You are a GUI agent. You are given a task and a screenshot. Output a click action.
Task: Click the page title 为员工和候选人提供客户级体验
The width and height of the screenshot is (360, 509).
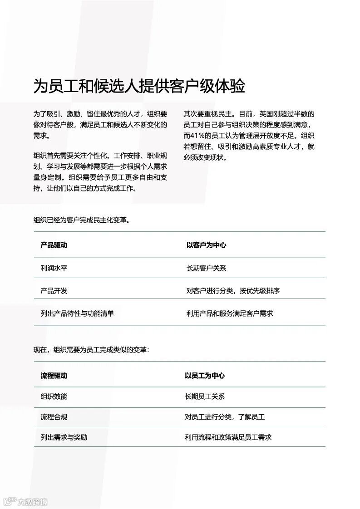tap(139, 86)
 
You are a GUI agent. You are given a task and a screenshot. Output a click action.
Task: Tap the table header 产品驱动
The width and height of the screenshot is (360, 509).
tap(54, 245)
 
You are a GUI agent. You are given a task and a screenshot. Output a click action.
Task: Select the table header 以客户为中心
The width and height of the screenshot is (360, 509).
tap(206, 245)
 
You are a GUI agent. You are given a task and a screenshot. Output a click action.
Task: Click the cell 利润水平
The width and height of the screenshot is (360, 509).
tap(54, 268)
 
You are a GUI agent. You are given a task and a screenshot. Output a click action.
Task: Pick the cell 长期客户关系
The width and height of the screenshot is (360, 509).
tap(206, 268)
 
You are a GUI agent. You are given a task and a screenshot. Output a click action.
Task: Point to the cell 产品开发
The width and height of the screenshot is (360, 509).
tap(54, 290)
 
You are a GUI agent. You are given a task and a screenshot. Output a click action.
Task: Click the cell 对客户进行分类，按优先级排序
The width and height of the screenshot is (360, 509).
tap(233, 290)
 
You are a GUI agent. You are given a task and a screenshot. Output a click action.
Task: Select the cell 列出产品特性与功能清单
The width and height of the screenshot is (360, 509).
tap(77, 313)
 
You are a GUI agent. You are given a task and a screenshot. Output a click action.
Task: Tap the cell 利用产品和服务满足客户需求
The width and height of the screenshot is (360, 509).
tap(230, 313)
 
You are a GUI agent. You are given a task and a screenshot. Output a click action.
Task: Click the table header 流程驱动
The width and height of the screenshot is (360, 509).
tap(54, 376)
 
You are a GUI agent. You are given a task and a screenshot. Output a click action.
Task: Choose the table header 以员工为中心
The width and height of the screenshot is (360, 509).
tap(204, 376)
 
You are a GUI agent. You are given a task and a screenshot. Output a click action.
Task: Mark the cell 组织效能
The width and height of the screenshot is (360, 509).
tap(54, 396)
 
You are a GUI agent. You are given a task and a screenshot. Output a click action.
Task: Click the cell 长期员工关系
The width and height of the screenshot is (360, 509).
tap(204, 396)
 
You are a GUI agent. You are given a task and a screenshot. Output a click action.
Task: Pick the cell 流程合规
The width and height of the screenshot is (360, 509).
tap(54, 417)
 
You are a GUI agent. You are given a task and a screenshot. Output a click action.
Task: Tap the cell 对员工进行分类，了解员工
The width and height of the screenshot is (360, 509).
tap(225, 417)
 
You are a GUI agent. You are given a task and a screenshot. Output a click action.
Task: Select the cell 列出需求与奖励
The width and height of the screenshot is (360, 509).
tap(64, 437)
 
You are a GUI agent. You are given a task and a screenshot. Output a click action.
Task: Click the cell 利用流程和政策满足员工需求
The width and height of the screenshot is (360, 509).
tap(228, 437)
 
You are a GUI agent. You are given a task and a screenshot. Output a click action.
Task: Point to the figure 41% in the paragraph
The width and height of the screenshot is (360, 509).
tap(198, 136)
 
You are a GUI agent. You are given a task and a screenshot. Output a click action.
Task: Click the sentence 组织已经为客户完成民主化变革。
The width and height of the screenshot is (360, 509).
tap(82, 220)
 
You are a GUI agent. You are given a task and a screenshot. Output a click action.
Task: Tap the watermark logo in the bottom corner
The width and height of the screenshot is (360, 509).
tap(25, 502)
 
